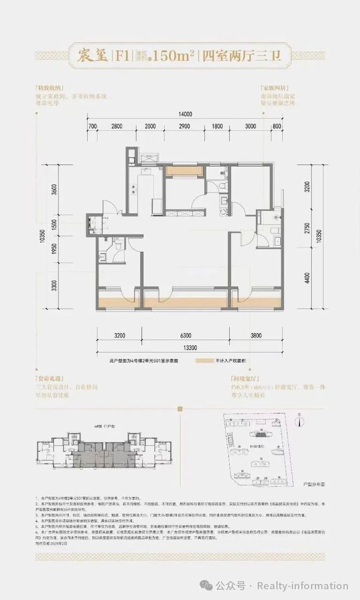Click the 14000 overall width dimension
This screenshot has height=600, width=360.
point(185,115)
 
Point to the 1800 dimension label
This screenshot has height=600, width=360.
point(217,127)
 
